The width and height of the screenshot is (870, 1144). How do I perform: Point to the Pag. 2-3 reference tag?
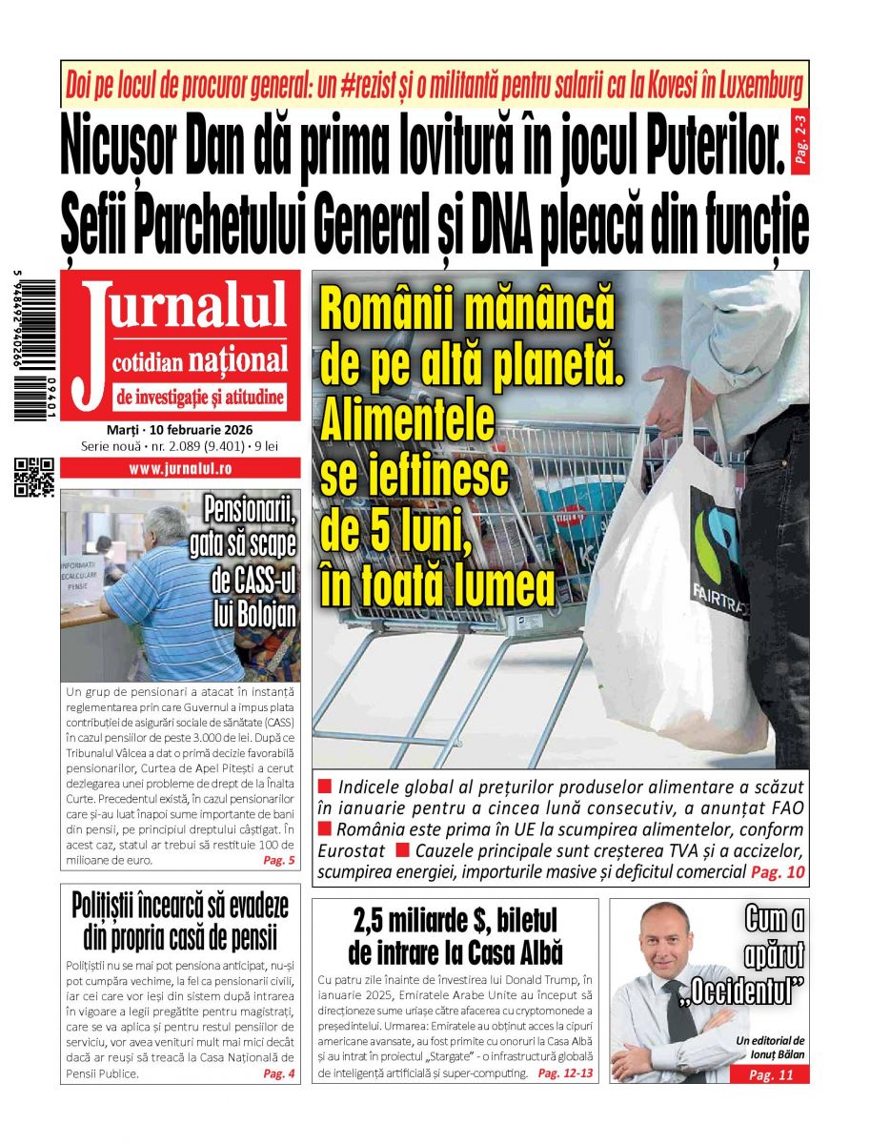click(799, 138)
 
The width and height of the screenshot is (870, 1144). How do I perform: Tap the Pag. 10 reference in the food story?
click(778, 871)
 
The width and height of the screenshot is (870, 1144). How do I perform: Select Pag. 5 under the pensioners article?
click(278, 860)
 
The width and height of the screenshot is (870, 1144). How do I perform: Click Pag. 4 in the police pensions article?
click(278, 1073)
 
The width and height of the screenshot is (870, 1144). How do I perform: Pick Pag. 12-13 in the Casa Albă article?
click(565, 1073)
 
